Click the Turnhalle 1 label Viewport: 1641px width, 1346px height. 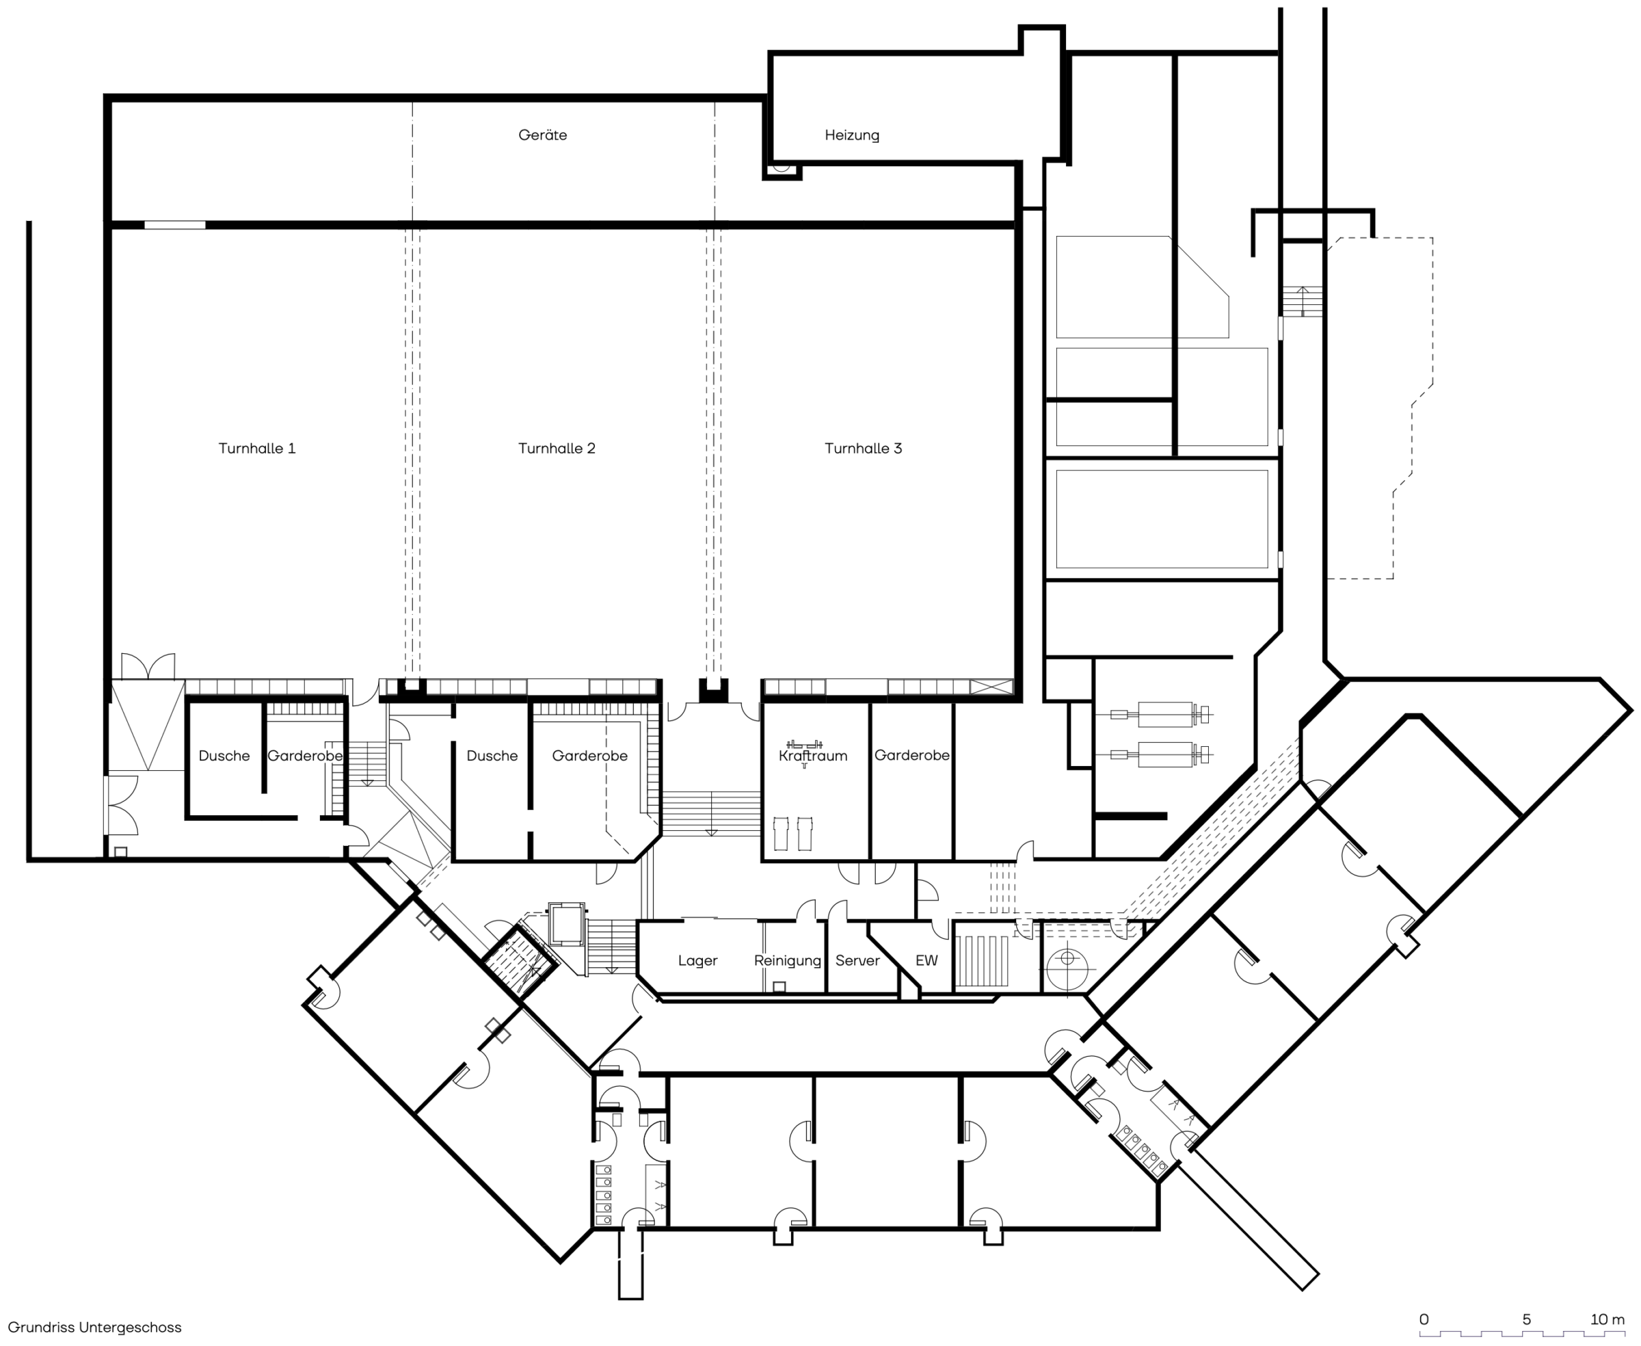[256, 448]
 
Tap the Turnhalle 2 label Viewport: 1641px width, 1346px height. [557, 448]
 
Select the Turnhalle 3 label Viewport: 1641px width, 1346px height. [863, 448]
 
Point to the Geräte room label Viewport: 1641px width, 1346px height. [543, 135]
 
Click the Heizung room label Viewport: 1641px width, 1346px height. [852, 135]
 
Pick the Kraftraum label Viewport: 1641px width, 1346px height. [813, 755]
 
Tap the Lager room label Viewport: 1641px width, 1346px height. [697, 961]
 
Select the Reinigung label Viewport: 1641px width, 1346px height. [788, 961]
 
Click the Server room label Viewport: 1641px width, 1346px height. [857, 961]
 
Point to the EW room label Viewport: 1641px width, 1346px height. [926, 961]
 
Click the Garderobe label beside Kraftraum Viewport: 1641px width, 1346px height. [911, 755]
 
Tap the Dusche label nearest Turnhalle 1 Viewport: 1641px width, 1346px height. [224, 756]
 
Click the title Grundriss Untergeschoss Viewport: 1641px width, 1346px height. [94, 1328]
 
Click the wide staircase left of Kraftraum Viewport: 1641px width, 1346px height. [711, 813]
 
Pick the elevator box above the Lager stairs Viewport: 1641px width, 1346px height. [567, 923]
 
